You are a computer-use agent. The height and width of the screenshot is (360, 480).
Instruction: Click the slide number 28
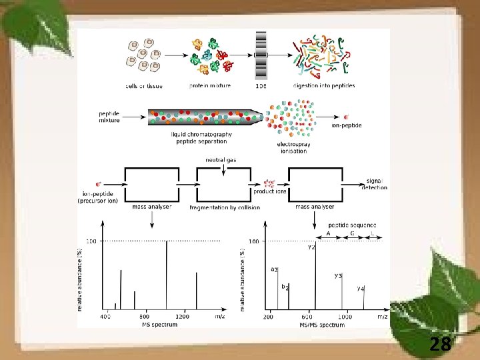click(x=441, y=344)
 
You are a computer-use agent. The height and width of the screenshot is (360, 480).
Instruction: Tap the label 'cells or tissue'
click(x=145, y=85)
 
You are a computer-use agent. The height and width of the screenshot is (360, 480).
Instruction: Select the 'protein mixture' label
click(x=210, y=85)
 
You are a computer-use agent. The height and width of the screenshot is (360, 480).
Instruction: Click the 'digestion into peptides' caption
click(x=323, y=85)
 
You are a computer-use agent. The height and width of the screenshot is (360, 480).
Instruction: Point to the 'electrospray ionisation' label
click(x=292, y=147)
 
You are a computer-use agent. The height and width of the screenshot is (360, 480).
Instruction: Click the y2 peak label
click(x=311, y=247)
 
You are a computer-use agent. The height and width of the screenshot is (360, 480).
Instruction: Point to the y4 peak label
click(x=360, y=289)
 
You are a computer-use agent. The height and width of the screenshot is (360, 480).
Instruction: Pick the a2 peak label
click(x=274, y=269)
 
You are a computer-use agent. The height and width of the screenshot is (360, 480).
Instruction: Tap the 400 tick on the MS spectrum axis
click(x=106, y=317)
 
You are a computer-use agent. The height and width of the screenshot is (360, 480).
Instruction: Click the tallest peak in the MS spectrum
click(x=166, y=273)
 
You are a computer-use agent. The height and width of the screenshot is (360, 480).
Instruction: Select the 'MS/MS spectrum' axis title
click(x=322, y=325)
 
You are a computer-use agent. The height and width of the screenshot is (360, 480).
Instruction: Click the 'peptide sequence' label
click(x=352, y=225)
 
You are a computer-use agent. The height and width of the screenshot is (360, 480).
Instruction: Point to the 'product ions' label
click(x=270, y=191)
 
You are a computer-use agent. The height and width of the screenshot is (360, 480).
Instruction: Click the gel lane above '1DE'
click(x=261, y=54)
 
